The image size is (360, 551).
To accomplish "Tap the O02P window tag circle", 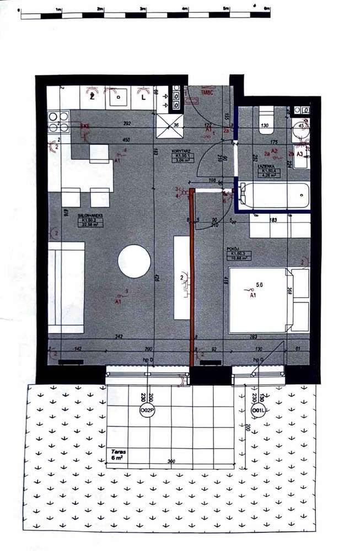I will [147, 410].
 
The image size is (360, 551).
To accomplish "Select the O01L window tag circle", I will [256, 410].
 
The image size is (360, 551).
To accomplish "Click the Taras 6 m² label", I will [117, 454].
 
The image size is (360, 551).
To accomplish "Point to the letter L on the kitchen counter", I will [143, 97].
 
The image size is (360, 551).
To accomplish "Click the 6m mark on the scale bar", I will [267, 9].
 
